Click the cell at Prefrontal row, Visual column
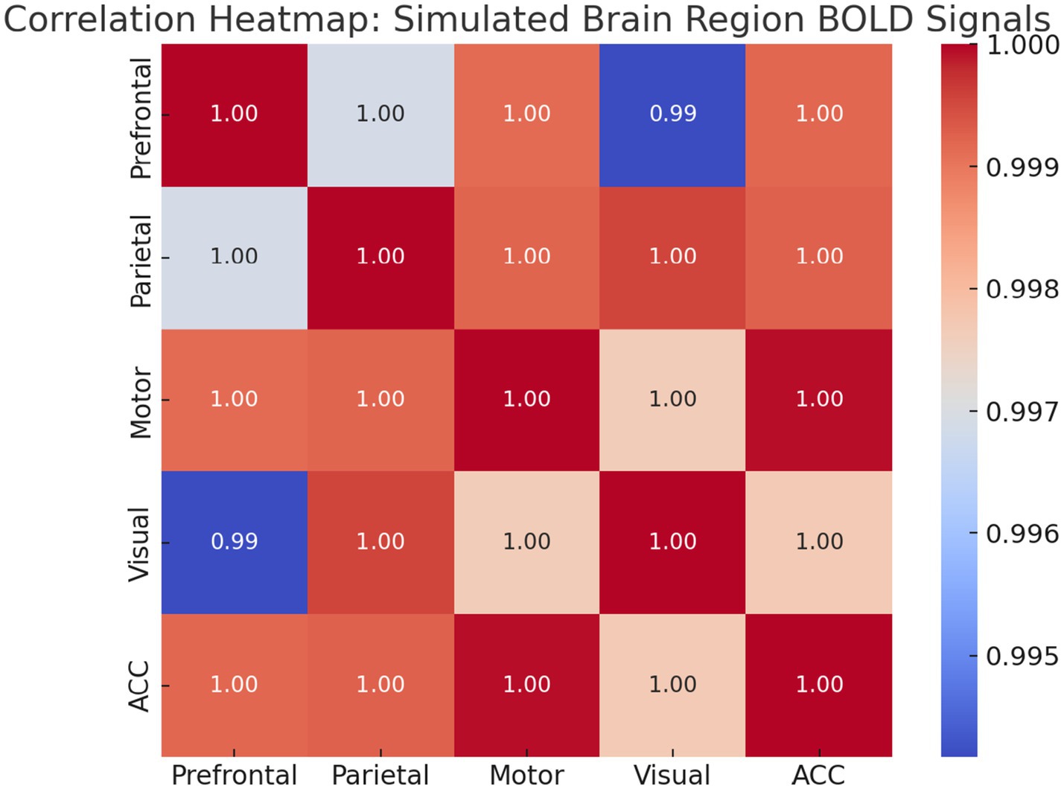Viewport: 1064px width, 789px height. tap(672, 114)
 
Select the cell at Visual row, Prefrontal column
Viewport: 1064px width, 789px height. tap(234, 542)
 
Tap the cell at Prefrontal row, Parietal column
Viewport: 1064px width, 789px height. tap(380, 114)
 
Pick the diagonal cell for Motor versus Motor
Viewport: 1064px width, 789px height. tap(526, 399)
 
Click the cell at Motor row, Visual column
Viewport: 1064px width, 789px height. tap(672, 399)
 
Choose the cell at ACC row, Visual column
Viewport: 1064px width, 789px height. tap(672, 685)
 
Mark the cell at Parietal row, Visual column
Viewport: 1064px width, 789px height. tap(672, 257)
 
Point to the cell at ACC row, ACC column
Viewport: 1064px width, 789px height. tap(819, 685)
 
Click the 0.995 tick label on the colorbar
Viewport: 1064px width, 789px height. tap(1022, 657)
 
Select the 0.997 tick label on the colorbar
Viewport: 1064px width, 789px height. tap(1022, 412)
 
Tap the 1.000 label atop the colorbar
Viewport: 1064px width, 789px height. tap(1022, 45)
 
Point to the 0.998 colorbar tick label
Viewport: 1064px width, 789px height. tap(1022, 290)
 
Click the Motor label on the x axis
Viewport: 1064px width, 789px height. tap(526, 775)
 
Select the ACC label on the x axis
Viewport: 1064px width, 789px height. tap(818, 775)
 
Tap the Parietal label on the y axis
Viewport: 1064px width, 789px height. tap(141, 261)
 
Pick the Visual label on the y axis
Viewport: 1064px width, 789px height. tap(141, 544)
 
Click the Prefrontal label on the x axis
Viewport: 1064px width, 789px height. tap(234, 775)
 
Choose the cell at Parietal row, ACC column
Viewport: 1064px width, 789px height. tap(819, 257)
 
